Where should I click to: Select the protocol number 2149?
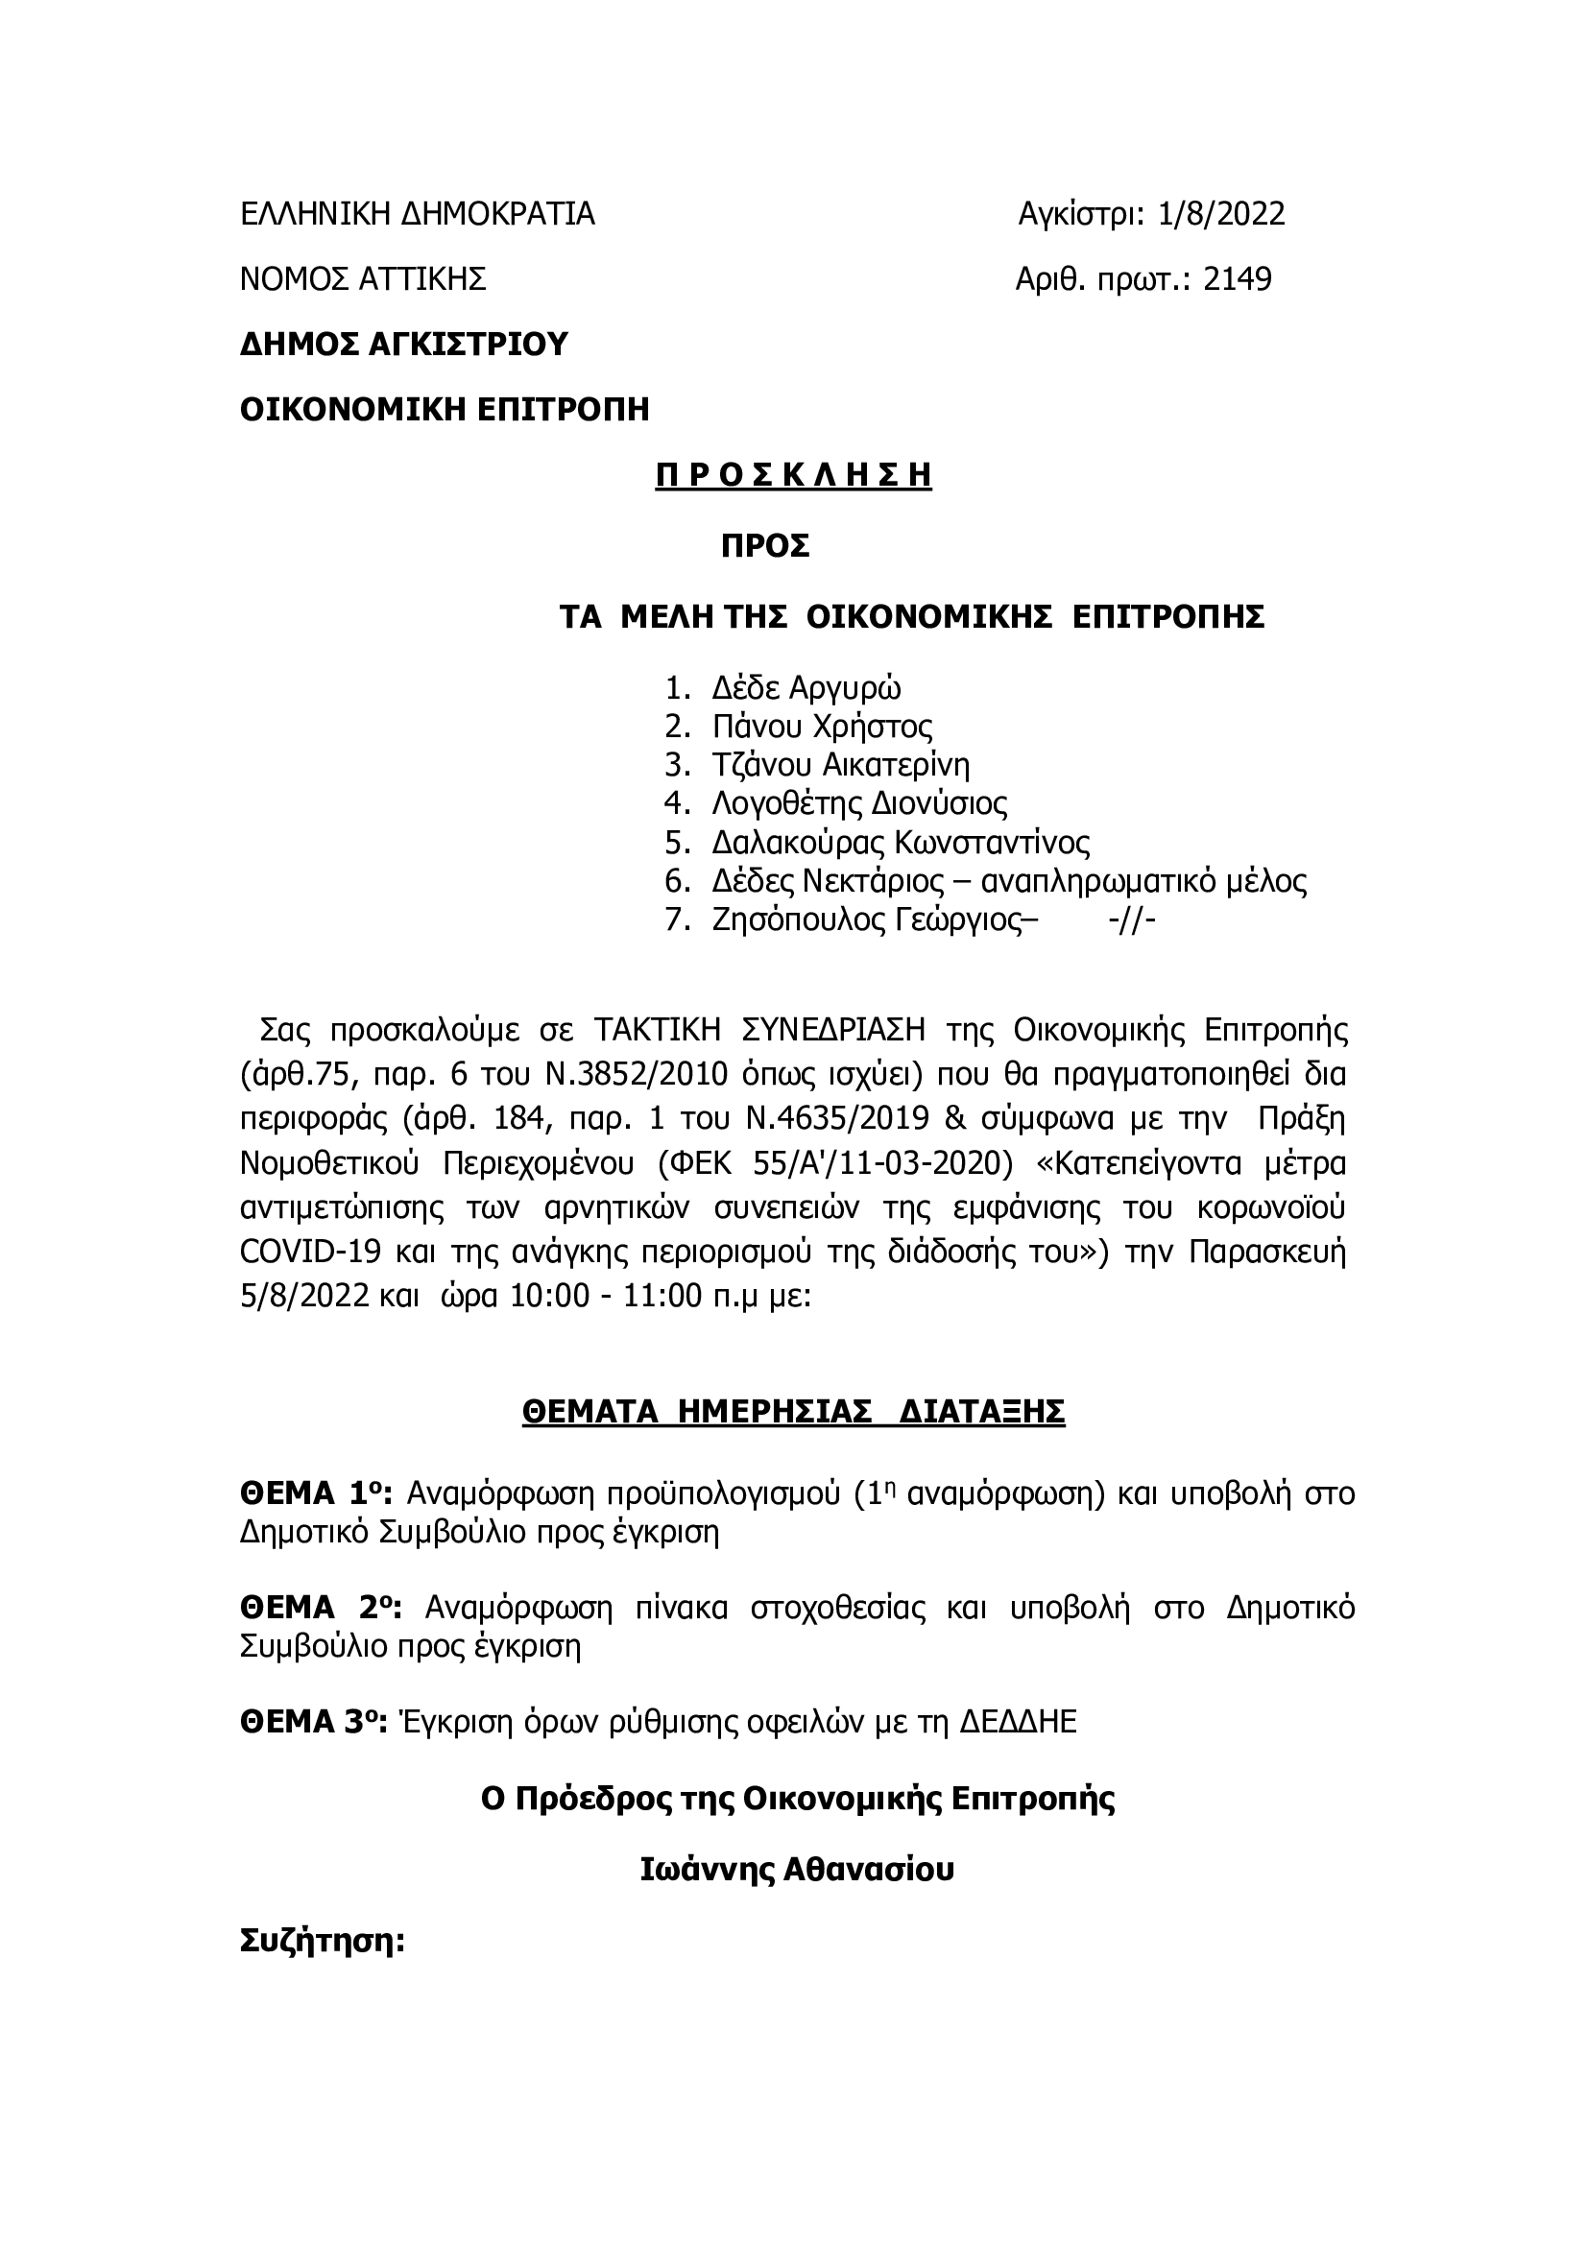tap(1237, 279)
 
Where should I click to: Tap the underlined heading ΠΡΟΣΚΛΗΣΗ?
tap(793, 475)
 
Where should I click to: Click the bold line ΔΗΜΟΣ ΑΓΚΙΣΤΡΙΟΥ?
tap(404, 345)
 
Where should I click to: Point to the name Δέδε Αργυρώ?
tap(806, 688)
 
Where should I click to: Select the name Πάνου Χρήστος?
tap(822, 727)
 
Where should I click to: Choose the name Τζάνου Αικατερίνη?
tap(841, 765)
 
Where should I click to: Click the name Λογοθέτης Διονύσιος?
tap(859, 803)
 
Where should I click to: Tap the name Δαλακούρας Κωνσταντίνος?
tap(901, 842)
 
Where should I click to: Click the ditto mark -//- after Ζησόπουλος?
tap(1133, 920)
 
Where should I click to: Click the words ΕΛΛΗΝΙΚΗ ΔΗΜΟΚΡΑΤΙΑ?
tap(418, 214)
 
